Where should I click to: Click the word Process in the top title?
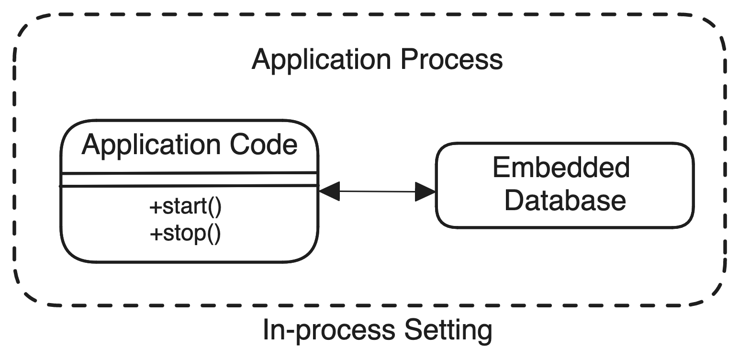point(451,59)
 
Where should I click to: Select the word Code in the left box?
point(264,145)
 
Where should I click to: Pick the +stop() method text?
point(185,234)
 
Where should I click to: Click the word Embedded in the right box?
point(561,168)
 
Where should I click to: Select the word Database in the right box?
point(565,201)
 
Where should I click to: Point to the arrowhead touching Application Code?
point(328,191)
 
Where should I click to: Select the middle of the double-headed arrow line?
point(377,191)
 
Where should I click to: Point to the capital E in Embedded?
point(501,168)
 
